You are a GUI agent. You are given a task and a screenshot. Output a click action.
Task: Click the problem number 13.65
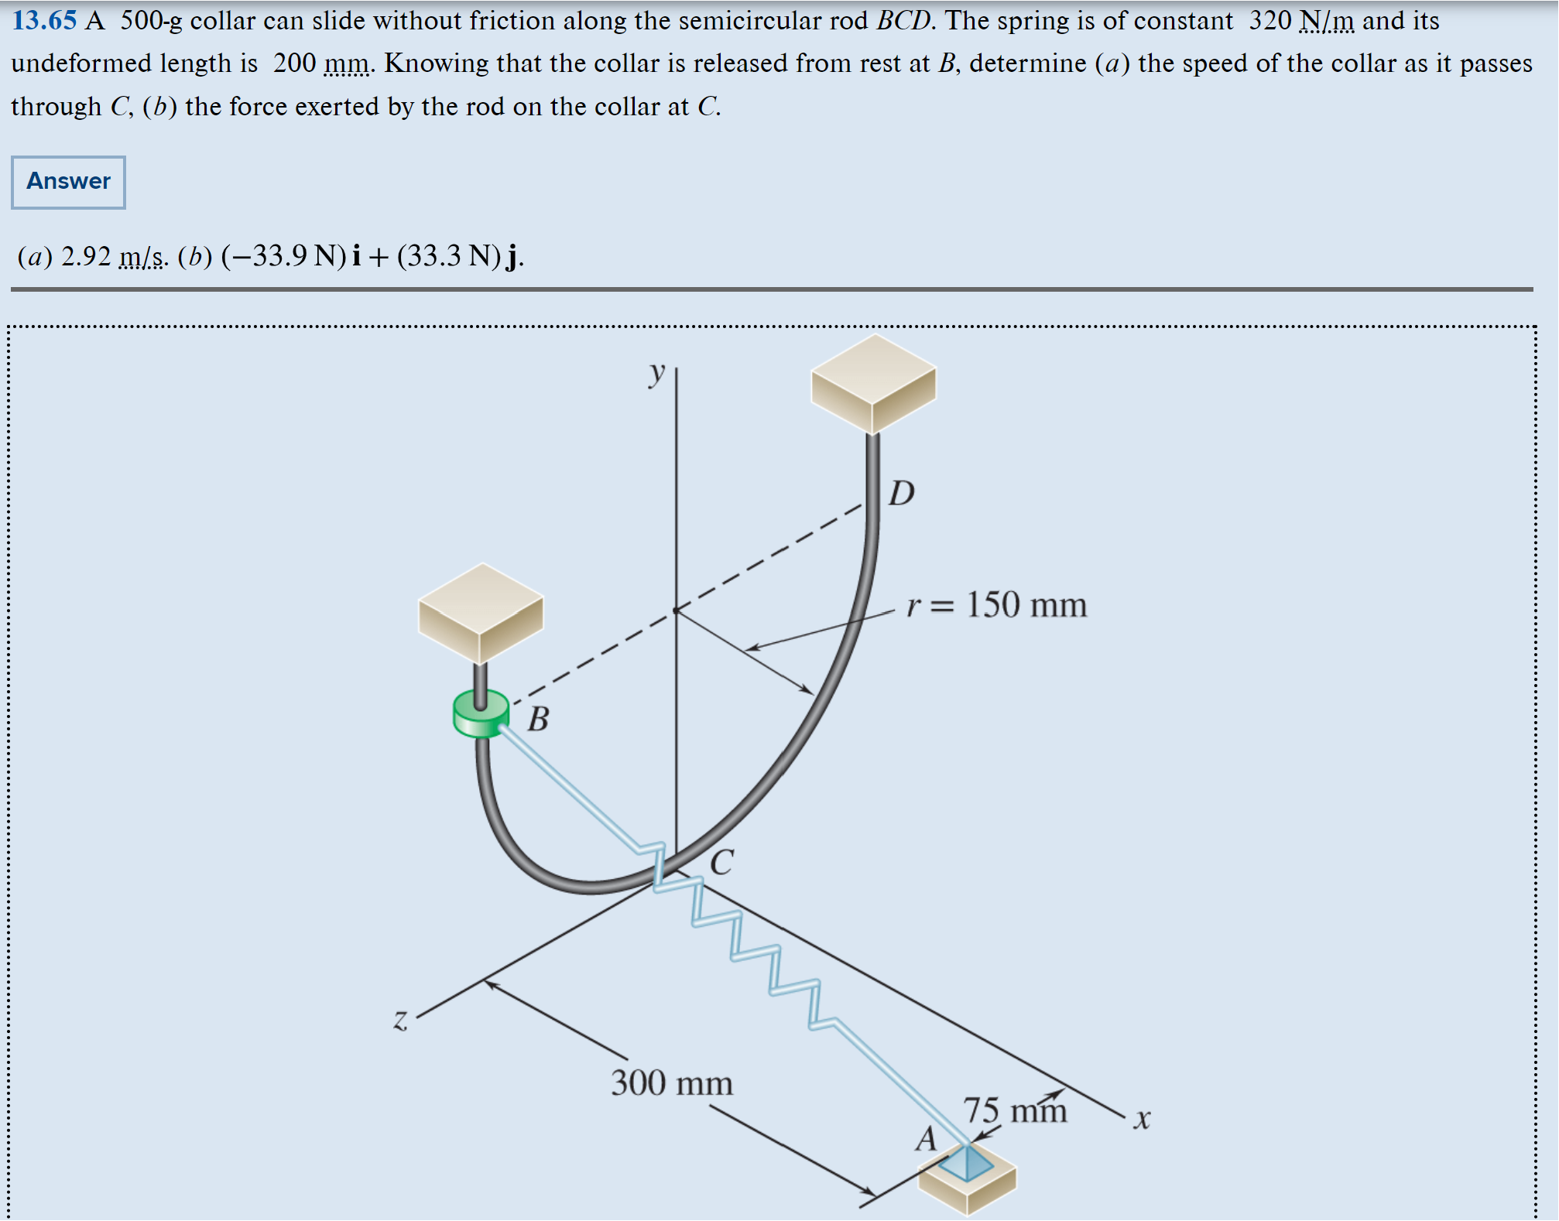coord(44,20)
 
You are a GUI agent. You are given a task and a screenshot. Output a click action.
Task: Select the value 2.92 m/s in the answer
coord(114,256)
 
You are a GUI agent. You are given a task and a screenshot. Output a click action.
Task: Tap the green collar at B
coord(481,714)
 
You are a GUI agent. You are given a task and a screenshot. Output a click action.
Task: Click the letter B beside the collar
coord(538,720)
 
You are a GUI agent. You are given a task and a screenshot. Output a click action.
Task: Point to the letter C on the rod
coord(721,862)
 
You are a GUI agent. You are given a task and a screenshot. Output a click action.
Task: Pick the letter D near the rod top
coord(901,493)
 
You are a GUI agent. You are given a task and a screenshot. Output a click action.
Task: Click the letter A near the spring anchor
coord(926,1139)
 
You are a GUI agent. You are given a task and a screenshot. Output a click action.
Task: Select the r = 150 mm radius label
coord(996,604)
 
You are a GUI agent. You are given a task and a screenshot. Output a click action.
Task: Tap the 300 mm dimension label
coord(671,1082)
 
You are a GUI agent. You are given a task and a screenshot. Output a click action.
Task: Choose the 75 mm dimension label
coord(1015,1110)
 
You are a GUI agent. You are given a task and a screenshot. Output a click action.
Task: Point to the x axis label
coord(1142,1119)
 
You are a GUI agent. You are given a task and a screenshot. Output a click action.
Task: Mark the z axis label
coord(400,1019)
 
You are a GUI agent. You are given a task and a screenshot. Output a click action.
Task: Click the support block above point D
coord(873,384)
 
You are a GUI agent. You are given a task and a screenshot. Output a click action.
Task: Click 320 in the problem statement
coord(1269,20)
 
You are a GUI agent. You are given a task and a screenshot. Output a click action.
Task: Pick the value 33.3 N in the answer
coord(448,256)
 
